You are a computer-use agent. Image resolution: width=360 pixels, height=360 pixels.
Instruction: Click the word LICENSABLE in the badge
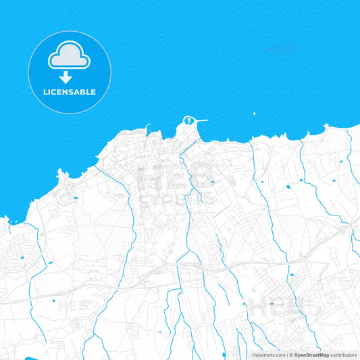point(70,92)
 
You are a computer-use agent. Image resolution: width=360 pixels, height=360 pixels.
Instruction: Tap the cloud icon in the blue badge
point(70,57)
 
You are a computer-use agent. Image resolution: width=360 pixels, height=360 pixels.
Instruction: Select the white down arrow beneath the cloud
point(66,78)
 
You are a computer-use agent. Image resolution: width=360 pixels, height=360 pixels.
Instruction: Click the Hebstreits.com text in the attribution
point(267,355)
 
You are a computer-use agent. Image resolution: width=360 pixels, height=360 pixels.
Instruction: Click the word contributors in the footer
point(344,355)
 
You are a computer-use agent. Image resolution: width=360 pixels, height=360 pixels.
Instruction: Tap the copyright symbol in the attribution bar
point(291,355)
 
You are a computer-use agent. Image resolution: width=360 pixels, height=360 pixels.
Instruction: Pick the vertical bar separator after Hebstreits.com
point(287,355)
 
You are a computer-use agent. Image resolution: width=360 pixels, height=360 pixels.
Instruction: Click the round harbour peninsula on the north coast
point(188,123)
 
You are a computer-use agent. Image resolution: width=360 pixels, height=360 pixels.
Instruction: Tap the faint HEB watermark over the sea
point(280,49)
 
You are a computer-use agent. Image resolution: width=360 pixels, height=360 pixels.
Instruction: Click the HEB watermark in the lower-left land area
point(73,305)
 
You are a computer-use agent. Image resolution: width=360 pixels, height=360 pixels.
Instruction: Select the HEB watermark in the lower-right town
point(277,307)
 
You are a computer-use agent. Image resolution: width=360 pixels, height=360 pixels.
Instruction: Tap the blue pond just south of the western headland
point(73,198)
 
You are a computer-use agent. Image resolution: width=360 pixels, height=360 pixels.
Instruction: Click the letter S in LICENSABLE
point(77,92)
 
